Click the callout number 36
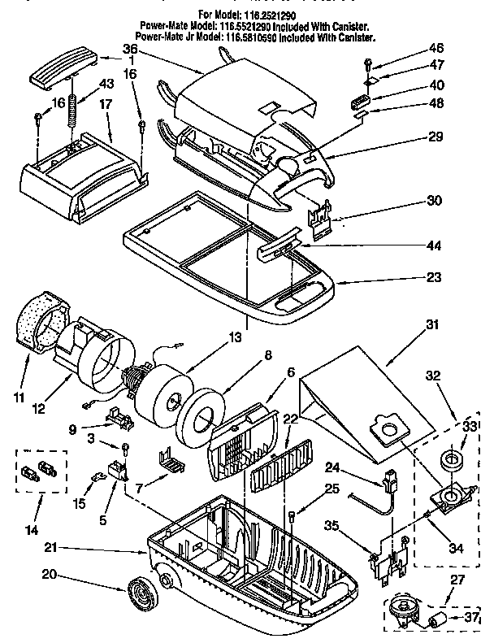point(153,50)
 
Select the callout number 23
point(434,278)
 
